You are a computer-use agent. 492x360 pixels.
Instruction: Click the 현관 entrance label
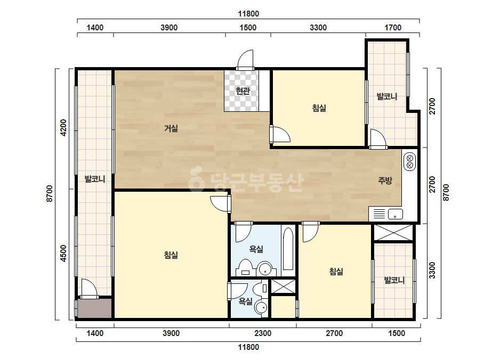(x=243, y=91)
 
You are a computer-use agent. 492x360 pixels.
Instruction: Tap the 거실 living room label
(x=171, y=128)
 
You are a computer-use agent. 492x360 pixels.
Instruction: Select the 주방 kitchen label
(x=385, y=181)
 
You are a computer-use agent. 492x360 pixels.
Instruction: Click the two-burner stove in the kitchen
(x=409, y=161)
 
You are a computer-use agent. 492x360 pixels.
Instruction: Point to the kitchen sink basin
(x=396, y=214)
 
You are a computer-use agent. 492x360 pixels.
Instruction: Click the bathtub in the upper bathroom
(x=288, y=249)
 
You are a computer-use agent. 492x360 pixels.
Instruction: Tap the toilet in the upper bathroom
(x=245, y=268)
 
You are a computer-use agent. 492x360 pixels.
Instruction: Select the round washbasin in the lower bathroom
(x=261, y=307)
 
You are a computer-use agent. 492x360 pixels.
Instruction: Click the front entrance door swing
(x=245, y=60)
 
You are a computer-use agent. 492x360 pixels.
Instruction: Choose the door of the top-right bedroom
(x=280, y=134)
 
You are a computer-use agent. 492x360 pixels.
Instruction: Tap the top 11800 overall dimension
(x=248, y=14)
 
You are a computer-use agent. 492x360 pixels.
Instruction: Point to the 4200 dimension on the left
(x=63, y=128)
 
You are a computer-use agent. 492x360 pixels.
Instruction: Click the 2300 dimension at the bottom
(x=263, y=333)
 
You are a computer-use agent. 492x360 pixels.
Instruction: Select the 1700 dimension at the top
(x=393, y=28)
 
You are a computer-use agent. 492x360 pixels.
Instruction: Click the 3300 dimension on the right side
(x=432, y=271)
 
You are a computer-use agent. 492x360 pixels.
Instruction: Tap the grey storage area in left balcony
(x=94, y=308)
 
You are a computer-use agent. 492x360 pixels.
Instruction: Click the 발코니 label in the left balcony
(x=95, y=179)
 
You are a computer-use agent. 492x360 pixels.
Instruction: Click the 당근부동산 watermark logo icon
(x=196, y=179)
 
